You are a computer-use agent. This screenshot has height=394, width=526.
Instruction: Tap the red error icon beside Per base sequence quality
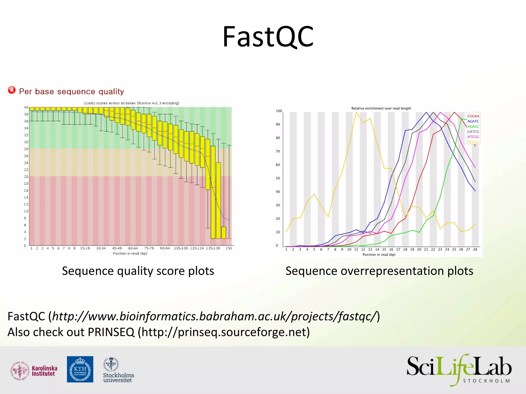[x=12, y=90]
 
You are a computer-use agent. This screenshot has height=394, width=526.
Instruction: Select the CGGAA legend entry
[x=473, y=116]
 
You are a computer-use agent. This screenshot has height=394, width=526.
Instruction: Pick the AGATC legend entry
[x=473, y=121]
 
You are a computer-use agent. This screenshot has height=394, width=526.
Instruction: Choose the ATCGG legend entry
[x=473, y=137]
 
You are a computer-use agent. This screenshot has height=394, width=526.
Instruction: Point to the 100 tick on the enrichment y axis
[x=279, y=111]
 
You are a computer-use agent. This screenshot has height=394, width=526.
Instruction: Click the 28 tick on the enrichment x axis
[x=475, y=249]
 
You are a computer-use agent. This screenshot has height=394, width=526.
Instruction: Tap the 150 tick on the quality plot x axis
[x=229, y=248]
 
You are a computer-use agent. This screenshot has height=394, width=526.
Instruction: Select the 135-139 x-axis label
[x=213, y=248]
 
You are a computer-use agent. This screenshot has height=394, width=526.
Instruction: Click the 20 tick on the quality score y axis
[x=26, y=176]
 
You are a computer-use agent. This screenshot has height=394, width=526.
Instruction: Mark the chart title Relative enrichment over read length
[x=381, y=108]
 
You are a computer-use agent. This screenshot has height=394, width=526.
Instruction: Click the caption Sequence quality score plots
[x=138, y=271]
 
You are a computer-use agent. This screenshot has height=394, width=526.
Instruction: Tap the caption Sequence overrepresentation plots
[x=379, y=271]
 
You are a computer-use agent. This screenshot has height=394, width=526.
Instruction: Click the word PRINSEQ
[x=111, y=332]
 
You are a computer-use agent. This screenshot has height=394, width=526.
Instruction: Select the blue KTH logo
[x=80, y=369]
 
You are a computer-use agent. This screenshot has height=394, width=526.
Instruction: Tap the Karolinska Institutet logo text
[x=44, y=371]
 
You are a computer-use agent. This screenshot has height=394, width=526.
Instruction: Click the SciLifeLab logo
[x=459, y=369]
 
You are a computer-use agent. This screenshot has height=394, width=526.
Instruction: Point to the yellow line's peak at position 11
[x=356, y=112]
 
